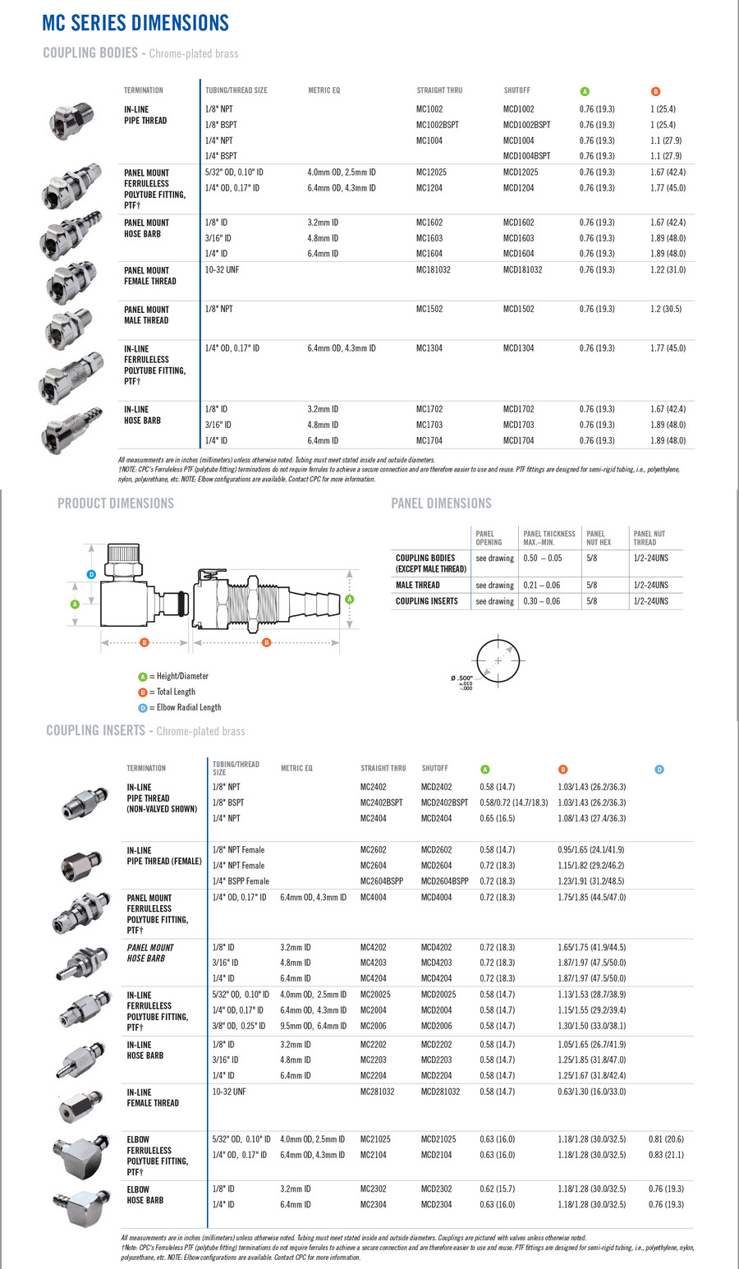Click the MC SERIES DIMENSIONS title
click(135, 22)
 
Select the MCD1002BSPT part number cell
click(526, 125)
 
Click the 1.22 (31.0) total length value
click(668, 269)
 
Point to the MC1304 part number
click(429, 348)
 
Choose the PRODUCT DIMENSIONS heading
click(116, 503)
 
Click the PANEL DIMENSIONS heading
click(441, 503)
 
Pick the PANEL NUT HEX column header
click(599, 538)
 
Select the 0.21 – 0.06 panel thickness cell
click(542, 585)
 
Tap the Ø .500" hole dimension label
click(462, 678)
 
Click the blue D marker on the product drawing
click(91, 574)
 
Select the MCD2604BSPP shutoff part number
click(444, 881)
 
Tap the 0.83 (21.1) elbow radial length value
click(666, 1155)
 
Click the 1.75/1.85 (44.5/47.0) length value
click(591, 898)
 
